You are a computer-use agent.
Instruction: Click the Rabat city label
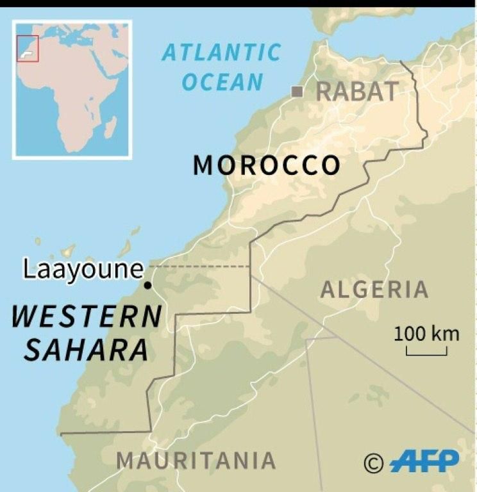357,92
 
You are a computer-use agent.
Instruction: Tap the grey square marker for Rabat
297,92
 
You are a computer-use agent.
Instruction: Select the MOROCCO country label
267,166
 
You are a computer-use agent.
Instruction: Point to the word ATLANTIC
221,53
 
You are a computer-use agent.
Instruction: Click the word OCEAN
222,81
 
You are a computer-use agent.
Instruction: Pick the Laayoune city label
83,269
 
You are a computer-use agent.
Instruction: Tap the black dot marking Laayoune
148,286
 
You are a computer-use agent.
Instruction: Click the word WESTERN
87,316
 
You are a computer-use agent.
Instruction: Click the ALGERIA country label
374,290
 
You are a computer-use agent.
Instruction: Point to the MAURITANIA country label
196,460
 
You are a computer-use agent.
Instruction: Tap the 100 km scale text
426,333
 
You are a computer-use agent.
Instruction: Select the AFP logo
424,460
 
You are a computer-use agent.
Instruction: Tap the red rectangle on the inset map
28,49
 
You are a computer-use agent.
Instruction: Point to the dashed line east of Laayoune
199,266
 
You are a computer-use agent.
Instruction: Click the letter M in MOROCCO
204,166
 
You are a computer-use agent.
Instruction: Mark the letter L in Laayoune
29,269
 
